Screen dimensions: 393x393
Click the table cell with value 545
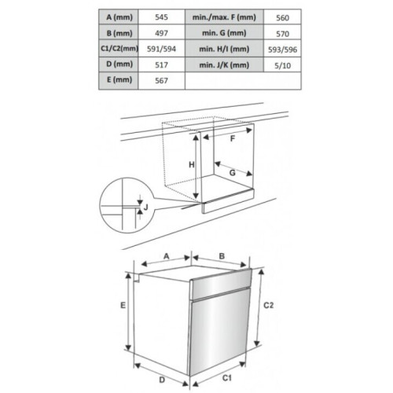[x=161, y=17]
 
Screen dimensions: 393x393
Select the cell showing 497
[x=161, y=33]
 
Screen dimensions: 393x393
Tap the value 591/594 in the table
[x=161, y=49]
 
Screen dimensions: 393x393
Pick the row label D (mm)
[x=119, y=64]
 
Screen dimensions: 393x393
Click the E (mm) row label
[x=119, y=80]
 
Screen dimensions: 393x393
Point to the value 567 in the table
[x=161, y=80]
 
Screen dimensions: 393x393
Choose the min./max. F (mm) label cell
[x=224, y=17]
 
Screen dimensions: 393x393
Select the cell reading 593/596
[x=282, y=50]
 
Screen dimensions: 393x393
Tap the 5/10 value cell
[x=282, y=65]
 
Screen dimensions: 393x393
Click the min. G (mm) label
[x=224, y=33]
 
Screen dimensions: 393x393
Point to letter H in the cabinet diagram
[x=192, y=165]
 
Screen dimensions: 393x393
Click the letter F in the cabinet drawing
[x=233, y=138]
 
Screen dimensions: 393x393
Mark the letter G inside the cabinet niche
[x=232, y=173]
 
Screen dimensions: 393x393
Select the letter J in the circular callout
[x=146, y=207]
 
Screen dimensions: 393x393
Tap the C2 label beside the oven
[x=268, y=305]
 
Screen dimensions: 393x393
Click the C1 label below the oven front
[x=227, y=377]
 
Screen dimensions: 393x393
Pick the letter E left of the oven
[x=123, y=305]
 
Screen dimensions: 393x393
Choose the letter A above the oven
[x=167, y=256]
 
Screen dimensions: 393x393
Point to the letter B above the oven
[x=222, y=256]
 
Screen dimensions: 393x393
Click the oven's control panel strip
[x=221, y=284]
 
